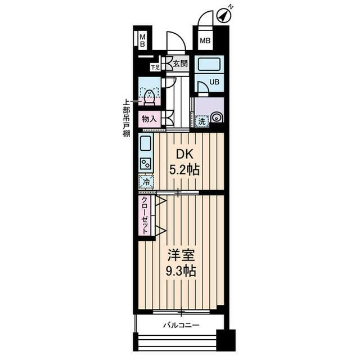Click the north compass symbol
click(x=223, y=16)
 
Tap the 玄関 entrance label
click(x=180, y=64)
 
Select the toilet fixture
click(x=150, y=97)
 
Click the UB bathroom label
click(x=214, y=82)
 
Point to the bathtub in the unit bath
click(x=209, y=64)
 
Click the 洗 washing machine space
click(x=202, y=121)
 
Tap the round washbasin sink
click(x=217, y=118)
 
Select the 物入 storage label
click(x=149, y=119)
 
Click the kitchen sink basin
click(x=145, y=143)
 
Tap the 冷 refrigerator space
click(x=146, y=182)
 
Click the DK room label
click(x=185, y=155)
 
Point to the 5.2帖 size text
click(x=184, y=170)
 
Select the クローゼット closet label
click(x=145, y=215)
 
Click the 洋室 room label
click(x=181, y=255)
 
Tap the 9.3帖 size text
click(x=181, y=271)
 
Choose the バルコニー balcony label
click(x=181, y=325)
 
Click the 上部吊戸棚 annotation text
click(x=126, y=118)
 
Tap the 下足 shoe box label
click(x=155, y=67)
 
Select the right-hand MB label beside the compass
click(x=205, y=41)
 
